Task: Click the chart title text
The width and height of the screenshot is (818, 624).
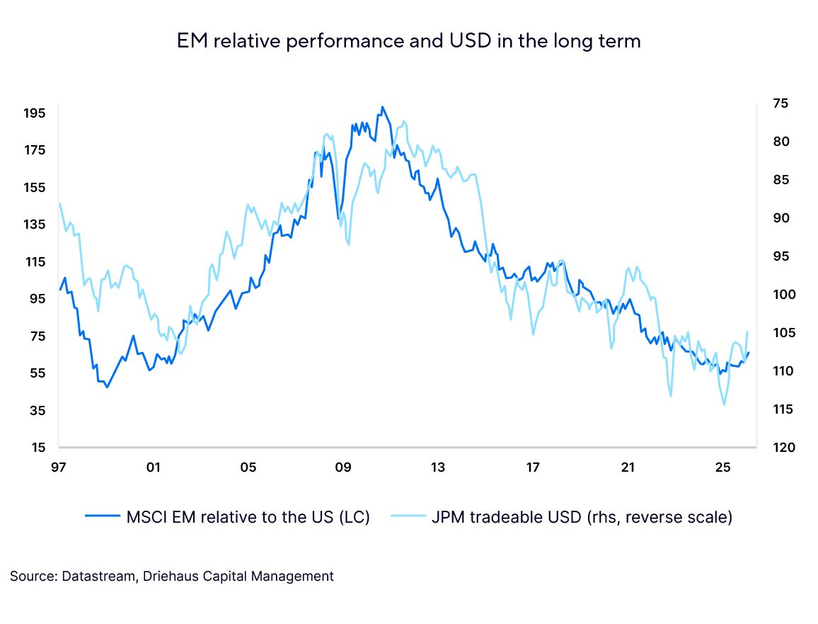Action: pyautogui.click(x=409, y=41)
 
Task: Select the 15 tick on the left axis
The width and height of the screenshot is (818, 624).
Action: pyautogui.click(x=38, y=447)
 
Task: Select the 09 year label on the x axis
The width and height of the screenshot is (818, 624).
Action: pyautogui.click(x=343, y=467)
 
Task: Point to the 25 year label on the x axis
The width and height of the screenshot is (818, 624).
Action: pyautogui.click(x=722, y=467)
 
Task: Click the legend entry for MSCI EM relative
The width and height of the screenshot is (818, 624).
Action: pyautogui.click(x=248, y=517)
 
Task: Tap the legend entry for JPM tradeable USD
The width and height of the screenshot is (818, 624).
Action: pyautogui.click(x=581, y=517)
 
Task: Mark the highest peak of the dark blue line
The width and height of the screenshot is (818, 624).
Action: pyautogui.click(x=382, y=107)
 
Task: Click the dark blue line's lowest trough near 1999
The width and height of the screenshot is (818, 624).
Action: pyautogui.click(x=107, y=387)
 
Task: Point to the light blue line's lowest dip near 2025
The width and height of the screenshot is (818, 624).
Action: pyautogui.click(x=724, y=404)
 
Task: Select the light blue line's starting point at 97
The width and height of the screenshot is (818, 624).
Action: pyautogui.click(x=59, y=203)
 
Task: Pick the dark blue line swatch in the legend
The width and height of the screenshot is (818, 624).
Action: pyautogui.click(x=102, y=517)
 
